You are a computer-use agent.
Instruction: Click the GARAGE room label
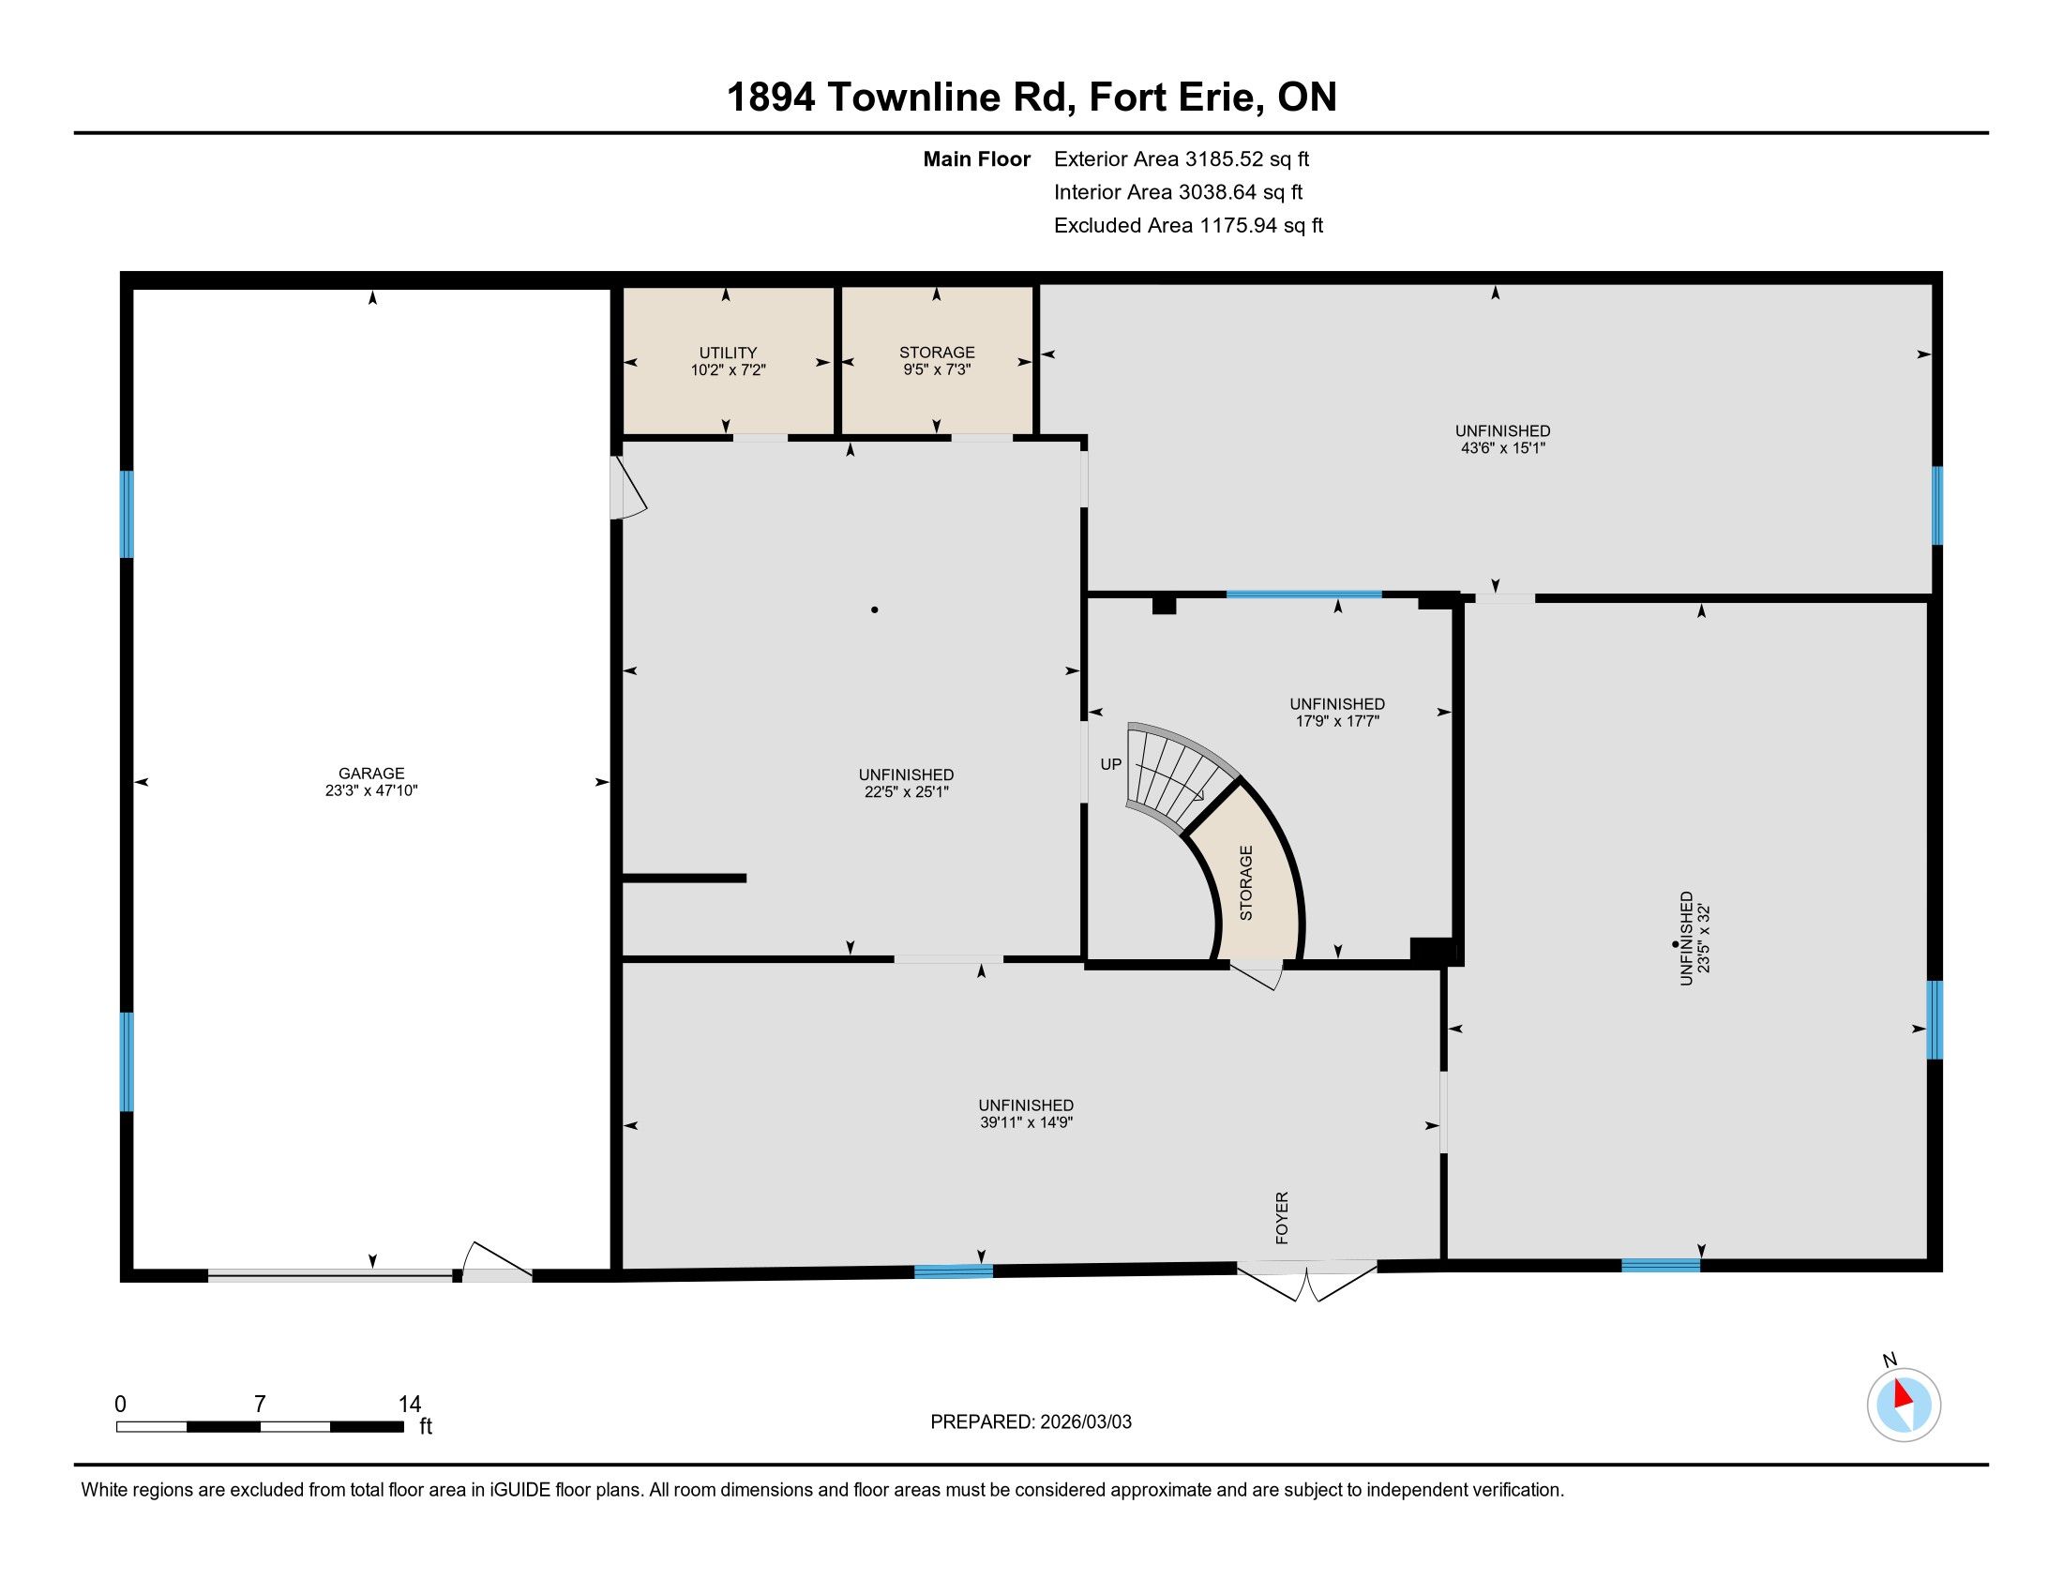click(x=371, y=774)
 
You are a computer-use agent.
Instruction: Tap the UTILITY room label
click(x=728, y=353)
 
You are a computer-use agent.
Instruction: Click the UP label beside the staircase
click(x=1111, y=764)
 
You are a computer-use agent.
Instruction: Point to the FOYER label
click(x=1282, y=1217)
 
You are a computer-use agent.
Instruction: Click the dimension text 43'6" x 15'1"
click(x=1503, y=448)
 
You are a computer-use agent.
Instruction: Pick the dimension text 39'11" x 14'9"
click(x=1026, y=1122)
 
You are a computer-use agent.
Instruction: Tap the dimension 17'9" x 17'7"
click(x=1336, y=721)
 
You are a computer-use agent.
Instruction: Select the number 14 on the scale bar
click(x=410, y=1405)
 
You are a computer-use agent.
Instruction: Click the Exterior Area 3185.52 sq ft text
click(x=1182, y=158)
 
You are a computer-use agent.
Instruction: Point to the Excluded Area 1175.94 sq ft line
click(x=1188, y=225)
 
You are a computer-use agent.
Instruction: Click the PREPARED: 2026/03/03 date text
click(x=1031, y=1422)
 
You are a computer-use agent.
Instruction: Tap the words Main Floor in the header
click(x=977, y=158)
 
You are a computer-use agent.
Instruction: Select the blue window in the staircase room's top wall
click(x=1303, y=594)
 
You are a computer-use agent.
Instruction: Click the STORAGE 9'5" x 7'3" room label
click(x=936, y=361)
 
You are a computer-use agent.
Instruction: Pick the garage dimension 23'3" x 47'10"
click(x=371, y=791)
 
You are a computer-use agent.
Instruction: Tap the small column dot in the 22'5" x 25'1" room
click(x=875, y=610)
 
